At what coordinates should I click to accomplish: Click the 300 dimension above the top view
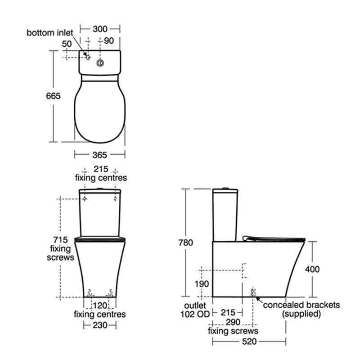(x=100, y=29)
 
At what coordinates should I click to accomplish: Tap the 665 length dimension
(x=53, y=96)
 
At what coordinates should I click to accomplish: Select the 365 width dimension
(x=99, y=155)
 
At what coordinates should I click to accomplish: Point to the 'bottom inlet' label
(x=49, y=32)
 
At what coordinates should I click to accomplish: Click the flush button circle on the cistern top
(x=100, y=63)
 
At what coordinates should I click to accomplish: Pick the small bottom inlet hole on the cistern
(x=88, y=57)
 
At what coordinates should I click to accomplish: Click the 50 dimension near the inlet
(x=67, y=44)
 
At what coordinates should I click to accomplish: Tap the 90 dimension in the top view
(x=109, y=41)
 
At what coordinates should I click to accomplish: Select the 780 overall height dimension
(x=186, y=243)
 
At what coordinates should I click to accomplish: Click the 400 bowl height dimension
(x=312, y=269)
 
